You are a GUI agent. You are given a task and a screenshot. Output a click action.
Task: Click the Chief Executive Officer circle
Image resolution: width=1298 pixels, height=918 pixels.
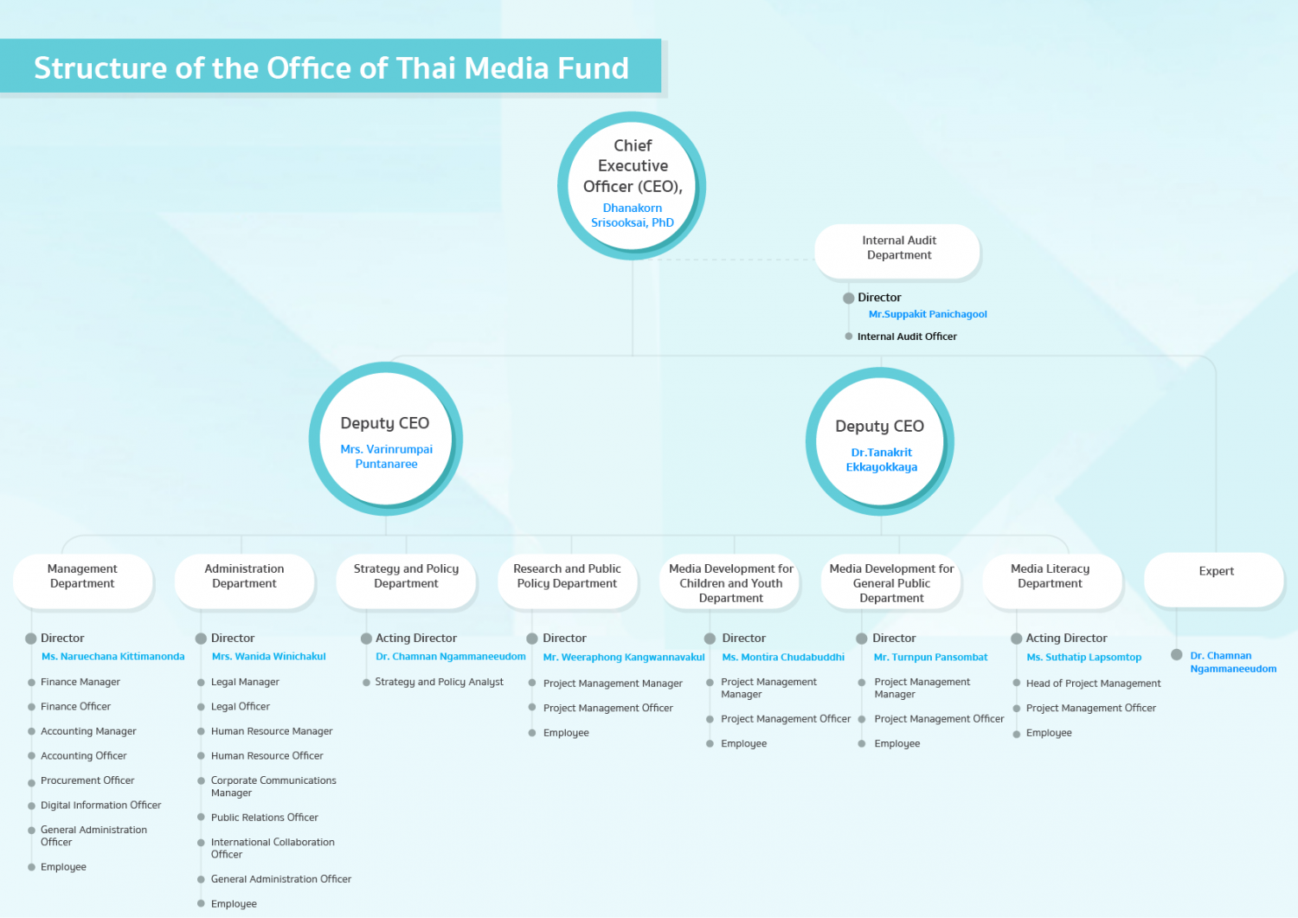tap(632, 185)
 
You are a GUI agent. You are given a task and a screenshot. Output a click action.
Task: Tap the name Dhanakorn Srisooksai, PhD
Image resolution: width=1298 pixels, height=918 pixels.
tap(633, 215)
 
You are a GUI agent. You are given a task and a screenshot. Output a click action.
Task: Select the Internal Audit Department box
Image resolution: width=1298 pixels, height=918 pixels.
tap(897, 250)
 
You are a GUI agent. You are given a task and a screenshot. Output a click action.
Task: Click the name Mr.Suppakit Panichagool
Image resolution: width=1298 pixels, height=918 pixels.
tap(927, 314)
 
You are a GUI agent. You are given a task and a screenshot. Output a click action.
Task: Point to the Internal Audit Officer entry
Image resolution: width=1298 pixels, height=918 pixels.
tap(907, 336)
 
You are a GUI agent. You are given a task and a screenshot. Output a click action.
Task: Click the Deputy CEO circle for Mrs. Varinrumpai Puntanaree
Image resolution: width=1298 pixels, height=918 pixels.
tap(386, 439)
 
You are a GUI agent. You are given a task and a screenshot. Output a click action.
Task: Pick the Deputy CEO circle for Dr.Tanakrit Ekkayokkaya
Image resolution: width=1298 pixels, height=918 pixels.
tap(880, 441)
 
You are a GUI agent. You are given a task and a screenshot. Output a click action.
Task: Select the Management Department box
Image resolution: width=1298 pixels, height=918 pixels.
tap(83, 581)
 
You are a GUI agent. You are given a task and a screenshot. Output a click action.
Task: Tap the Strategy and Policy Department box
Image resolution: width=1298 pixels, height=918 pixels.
tap(406, 581)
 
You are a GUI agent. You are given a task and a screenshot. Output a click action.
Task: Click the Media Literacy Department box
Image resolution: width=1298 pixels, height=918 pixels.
tap(1052, 581)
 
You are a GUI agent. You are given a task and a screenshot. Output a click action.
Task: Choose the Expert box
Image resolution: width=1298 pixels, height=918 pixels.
tap(1214, 580)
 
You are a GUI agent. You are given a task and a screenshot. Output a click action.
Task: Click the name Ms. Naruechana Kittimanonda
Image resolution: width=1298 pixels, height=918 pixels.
tap(113, 656)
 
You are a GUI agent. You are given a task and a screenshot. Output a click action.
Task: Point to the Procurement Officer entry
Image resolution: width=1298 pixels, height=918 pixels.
tap(87, 780)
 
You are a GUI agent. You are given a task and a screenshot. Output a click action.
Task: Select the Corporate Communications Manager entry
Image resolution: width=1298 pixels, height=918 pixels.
tap(273, 786)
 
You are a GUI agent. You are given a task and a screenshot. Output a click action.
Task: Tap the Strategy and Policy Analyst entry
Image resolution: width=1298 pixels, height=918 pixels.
tap(440, 682)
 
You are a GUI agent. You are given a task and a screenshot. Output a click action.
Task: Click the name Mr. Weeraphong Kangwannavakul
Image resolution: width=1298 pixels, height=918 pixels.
tap(624, 657)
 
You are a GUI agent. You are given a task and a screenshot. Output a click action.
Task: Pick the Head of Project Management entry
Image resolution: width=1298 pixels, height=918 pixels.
tap(1094, 684)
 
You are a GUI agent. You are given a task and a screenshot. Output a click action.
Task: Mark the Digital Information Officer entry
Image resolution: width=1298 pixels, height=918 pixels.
tap(101, 805)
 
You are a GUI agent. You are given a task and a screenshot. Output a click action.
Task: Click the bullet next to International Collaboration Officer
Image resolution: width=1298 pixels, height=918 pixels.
tap(201, 843)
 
